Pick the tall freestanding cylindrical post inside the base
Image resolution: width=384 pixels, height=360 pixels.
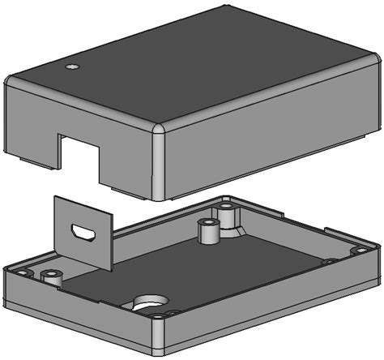click(208, 232)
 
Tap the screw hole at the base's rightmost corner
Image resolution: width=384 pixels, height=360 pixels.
click(357, 251)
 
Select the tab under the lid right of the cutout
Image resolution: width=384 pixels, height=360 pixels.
click(122, 191)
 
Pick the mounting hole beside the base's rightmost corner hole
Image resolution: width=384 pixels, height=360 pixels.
click(329, 262)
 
